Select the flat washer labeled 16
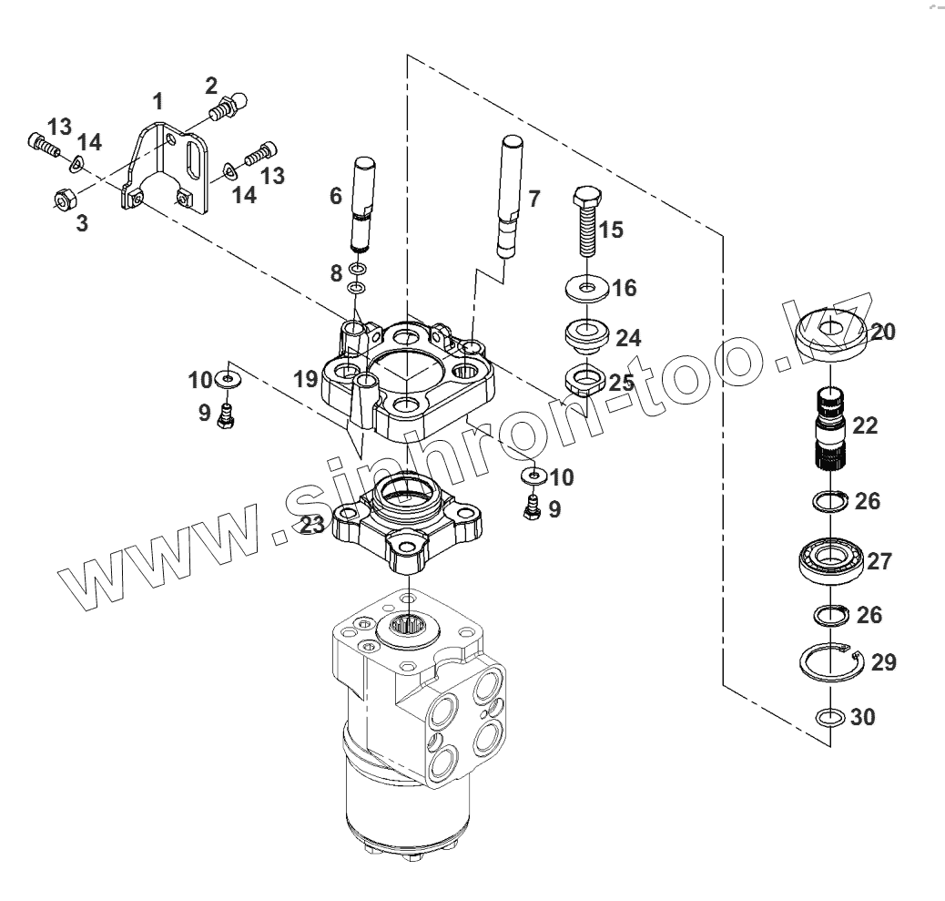pyautogui.click(x=587, y=289)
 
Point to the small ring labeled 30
pyautogui.click(x=828, y=717)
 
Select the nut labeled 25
pyautogui.click(x=584, y=377)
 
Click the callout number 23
pyautogui.click(x=312, y=526)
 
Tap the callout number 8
pyautogui.click(x=335, y=271)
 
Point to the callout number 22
pyautogui.click(x=865, y=425)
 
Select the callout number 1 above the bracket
pyautogui.click(x=158, y=101)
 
